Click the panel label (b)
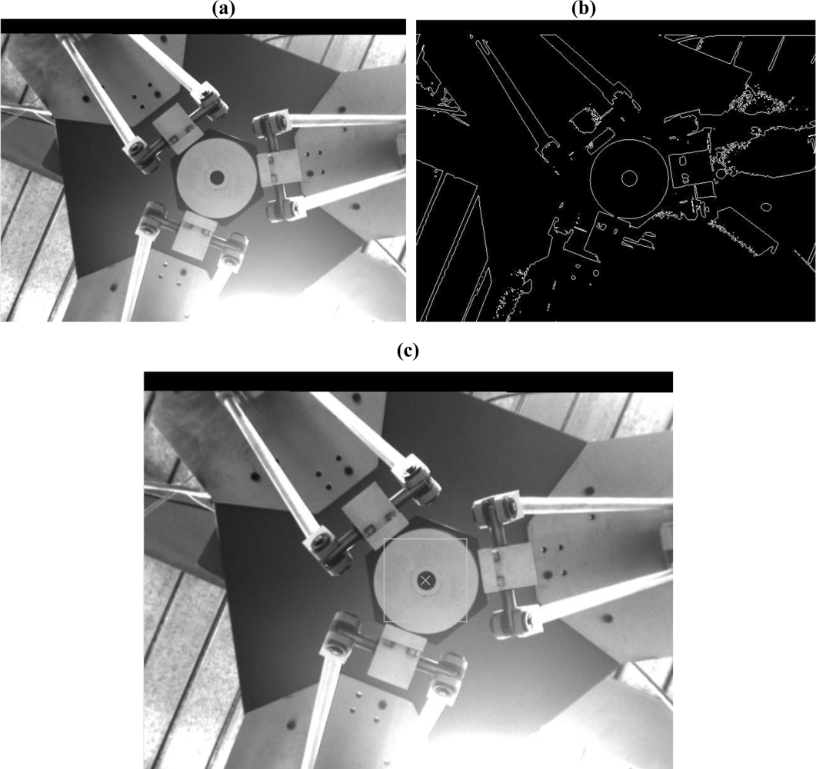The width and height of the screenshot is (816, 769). click(x=584, y=9)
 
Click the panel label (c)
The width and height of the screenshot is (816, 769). click(x=408, y=351)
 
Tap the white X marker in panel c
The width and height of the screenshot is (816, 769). click(x=426, y=580)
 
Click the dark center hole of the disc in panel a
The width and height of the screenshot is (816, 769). click(x=216, y=178)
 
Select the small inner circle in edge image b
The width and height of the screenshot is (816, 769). click(x=630, y=178)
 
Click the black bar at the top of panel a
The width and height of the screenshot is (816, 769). click(x=203, y=27)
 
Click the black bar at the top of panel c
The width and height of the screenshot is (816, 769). click(x=408, y=381)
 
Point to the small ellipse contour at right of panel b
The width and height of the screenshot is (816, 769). click(x=765, y=207)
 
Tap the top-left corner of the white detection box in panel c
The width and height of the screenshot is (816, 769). click(x=384, y=539)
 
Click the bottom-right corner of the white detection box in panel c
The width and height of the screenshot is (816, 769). click(x=467, y=622)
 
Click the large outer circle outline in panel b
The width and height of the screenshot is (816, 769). click(x=591, y=178)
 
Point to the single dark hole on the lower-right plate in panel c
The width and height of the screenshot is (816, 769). click(x=608, y=618)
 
